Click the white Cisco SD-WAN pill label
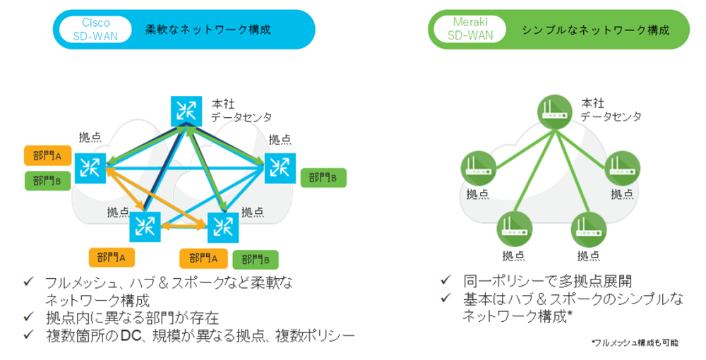[95, 29]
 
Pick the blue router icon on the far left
[90, 167]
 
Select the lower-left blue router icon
[145, 225]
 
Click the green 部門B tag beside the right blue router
[323, 177]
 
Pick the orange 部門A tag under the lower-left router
[111, 258]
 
